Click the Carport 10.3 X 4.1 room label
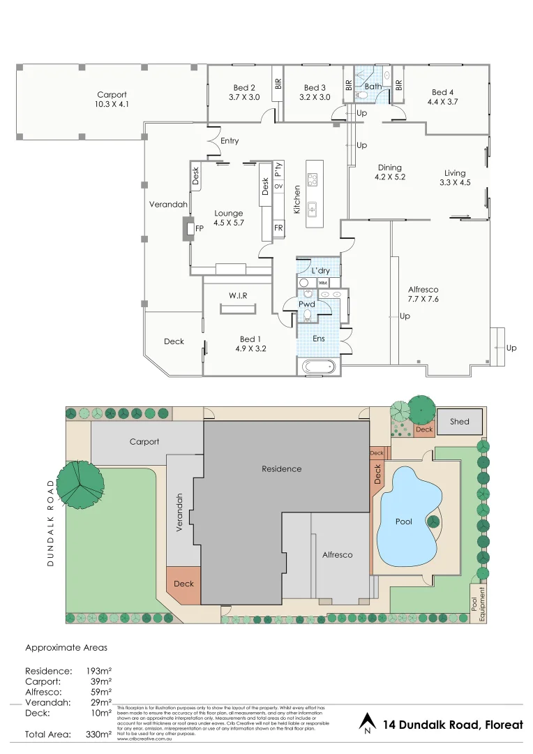coord(112,99)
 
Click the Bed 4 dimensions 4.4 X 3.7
coord(442,101)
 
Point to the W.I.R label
coord(239,296)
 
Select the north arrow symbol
coord(367,723)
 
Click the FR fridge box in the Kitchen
coord(278,228)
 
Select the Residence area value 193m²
coord(97,670)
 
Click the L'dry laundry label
coord(320,270)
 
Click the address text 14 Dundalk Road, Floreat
coord(452,725)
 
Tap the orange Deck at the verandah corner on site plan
coord(183,584)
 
